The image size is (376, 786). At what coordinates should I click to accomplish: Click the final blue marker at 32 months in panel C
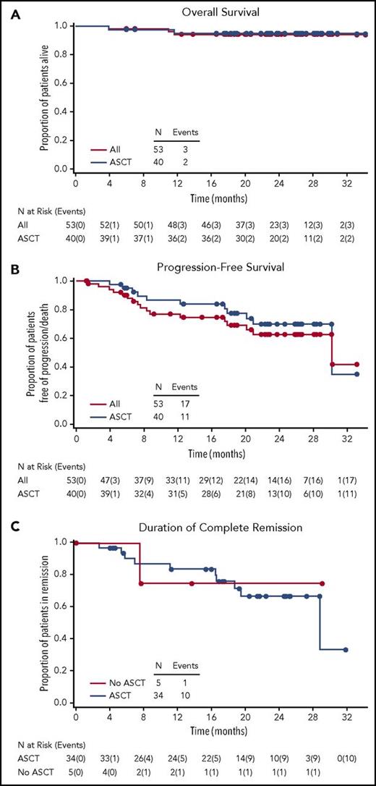tap(346, 650)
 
